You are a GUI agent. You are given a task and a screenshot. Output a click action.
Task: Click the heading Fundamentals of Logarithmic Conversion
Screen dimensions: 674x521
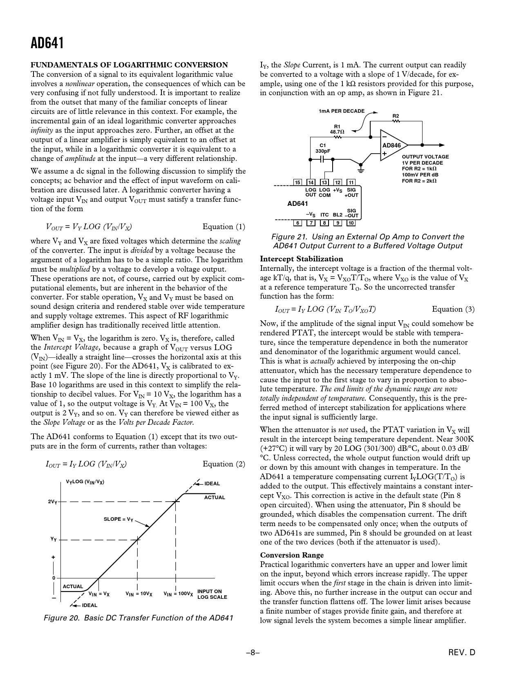(129, 65)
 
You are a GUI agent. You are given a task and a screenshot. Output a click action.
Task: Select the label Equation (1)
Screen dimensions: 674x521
(224, 227)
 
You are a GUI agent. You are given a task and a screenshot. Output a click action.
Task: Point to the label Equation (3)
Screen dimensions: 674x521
(453, 309)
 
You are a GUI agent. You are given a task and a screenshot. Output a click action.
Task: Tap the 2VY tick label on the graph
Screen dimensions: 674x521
(52, 502)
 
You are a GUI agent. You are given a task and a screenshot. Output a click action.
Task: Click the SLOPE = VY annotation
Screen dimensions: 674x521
(119, 519)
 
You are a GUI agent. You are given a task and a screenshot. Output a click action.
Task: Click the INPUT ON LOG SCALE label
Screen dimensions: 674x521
(212, 594)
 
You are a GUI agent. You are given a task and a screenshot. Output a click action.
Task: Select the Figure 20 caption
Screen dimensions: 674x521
(139, 618)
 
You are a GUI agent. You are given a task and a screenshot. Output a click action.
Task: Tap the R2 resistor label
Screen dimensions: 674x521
(396, 116)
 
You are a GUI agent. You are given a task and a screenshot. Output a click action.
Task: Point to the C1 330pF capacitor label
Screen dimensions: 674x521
(322, 148)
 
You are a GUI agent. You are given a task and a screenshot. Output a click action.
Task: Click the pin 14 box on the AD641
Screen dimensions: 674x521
(311, 182)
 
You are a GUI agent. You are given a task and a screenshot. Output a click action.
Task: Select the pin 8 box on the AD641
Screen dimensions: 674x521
(324, 223)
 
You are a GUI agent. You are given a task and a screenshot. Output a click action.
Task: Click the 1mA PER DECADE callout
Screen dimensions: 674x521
(341, 111)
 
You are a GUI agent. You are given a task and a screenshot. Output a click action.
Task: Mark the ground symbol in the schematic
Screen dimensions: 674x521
(361, 166)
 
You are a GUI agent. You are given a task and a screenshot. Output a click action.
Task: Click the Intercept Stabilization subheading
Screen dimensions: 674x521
(302, 259)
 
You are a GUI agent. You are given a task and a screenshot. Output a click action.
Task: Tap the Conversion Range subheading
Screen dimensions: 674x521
(292, 555)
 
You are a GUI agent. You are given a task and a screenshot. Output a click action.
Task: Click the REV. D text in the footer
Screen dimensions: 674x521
(461, 653)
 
